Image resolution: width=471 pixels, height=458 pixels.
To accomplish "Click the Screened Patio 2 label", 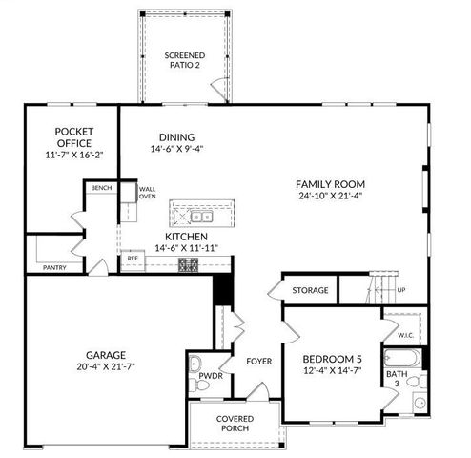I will coord(184,61).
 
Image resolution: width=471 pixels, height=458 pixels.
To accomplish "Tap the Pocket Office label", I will coord(72,132).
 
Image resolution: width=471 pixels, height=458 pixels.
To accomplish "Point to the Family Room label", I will coord(330,184).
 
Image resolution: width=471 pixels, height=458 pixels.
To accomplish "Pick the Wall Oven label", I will coord(148,193).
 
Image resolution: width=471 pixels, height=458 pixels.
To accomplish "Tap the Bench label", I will coord(101,188).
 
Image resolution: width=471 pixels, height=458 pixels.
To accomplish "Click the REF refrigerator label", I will coord(133,258).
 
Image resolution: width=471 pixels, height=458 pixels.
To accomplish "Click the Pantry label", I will coord(54,268).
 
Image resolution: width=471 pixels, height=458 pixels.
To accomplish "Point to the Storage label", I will coord(310,290).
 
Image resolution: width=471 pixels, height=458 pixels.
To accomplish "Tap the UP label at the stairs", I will coord(400,290).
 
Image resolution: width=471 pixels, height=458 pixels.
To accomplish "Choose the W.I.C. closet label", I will coord(405,335).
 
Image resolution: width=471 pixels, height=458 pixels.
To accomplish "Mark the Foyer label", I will coord(259,362).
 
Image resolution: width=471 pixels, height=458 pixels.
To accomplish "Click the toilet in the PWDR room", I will coord(195,363).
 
